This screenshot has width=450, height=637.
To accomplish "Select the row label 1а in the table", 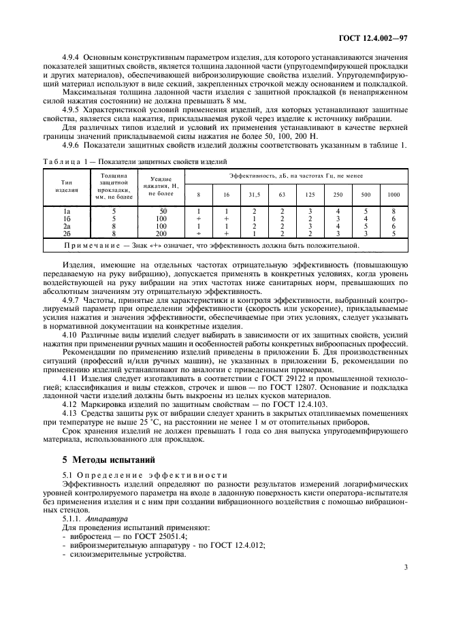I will click(x=67, y=212).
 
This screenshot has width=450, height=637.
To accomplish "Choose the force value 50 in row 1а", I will click(x=162, y=212).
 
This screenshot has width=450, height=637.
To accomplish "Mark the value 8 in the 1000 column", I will click(x=393, y=212).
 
